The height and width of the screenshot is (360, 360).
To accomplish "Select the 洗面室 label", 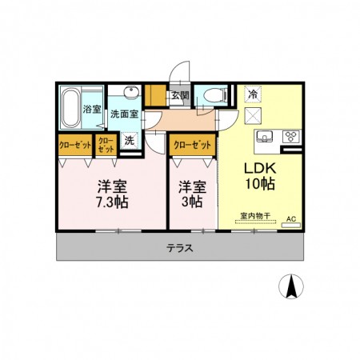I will [124, 114].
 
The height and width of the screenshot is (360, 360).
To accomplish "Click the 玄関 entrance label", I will [180, 95].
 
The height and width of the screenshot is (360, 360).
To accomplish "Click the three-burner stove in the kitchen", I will [290, 135].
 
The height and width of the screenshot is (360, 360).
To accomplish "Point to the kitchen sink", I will [266, 136].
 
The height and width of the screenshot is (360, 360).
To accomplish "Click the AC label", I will [290, 218].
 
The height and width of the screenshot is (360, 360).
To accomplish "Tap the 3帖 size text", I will [192, 202].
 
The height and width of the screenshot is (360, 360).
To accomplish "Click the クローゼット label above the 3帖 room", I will [193, 146].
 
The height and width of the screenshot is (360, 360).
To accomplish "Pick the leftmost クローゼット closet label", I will [74, 145].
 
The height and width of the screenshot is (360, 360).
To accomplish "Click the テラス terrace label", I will [180, 248].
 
